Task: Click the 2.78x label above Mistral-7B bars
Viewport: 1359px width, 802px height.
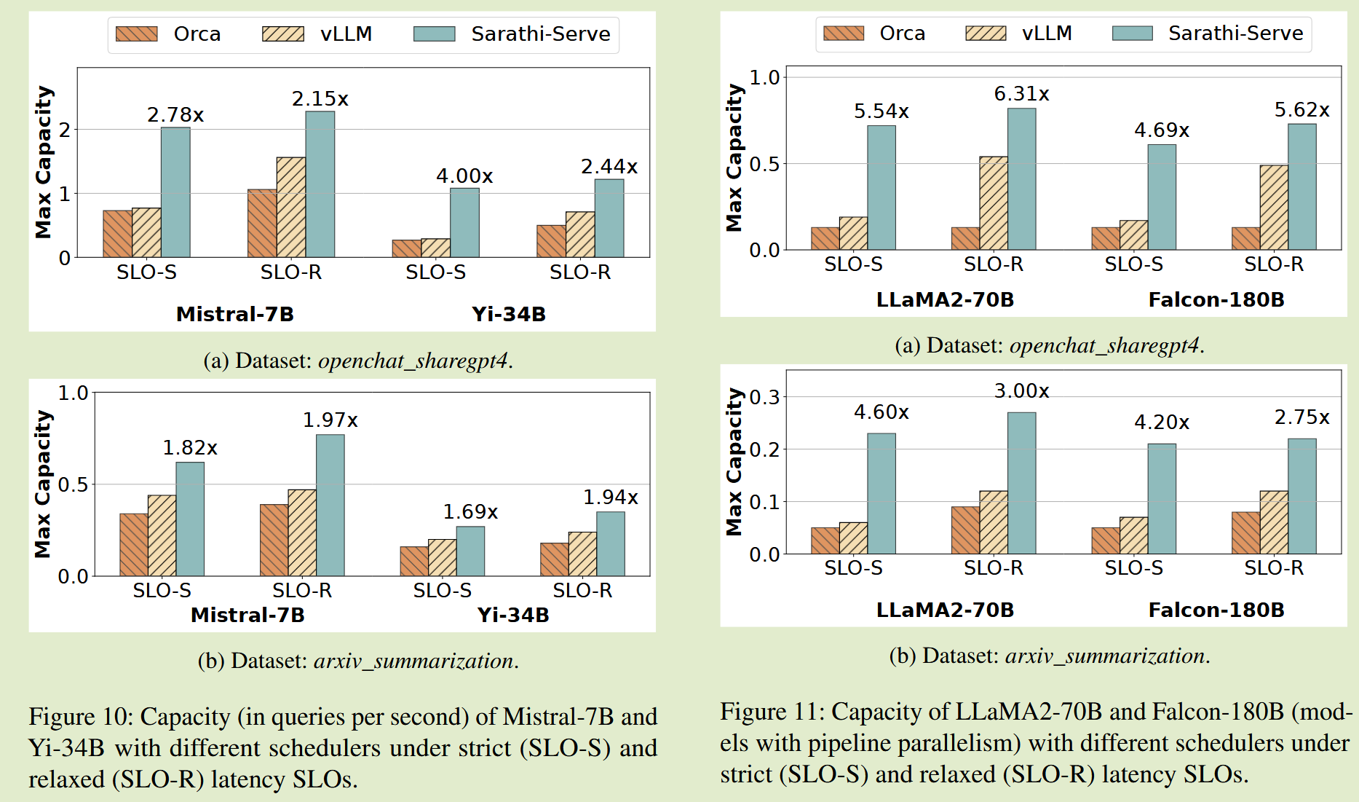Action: click(x=175, y=115)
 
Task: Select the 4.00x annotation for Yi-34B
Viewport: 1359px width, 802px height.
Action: click(x=464, y=176)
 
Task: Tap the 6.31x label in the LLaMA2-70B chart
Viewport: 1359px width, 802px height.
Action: click(x=1021, y=94)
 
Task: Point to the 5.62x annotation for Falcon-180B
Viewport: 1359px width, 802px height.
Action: click(x=1301, y=110)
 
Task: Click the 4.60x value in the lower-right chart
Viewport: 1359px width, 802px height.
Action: click(x=881, y=412)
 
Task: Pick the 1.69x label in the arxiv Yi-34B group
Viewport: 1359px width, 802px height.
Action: click(x=470, y=512)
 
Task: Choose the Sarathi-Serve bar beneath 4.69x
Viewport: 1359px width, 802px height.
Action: click(x=1162, y=197)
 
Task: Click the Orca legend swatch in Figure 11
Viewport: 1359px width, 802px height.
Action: click(x=843, y=34)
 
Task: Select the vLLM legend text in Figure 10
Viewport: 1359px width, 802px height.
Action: click(x=346, y=34)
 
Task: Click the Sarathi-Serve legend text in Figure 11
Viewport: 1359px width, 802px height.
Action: click(x=1235, y=34)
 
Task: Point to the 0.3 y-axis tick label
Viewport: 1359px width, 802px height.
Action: click(x=764, y=397)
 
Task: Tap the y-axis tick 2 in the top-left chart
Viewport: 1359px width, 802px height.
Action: click(x=65, y=130)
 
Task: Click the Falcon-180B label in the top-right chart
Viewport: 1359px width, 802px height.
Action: click(x=1216, y=299)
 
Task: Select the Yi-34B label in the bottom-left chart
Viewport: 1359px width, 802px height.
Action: click(x=513, y=615)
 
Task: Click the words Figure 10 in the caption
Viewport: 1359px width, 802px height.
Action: click(x=81, y=717)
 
